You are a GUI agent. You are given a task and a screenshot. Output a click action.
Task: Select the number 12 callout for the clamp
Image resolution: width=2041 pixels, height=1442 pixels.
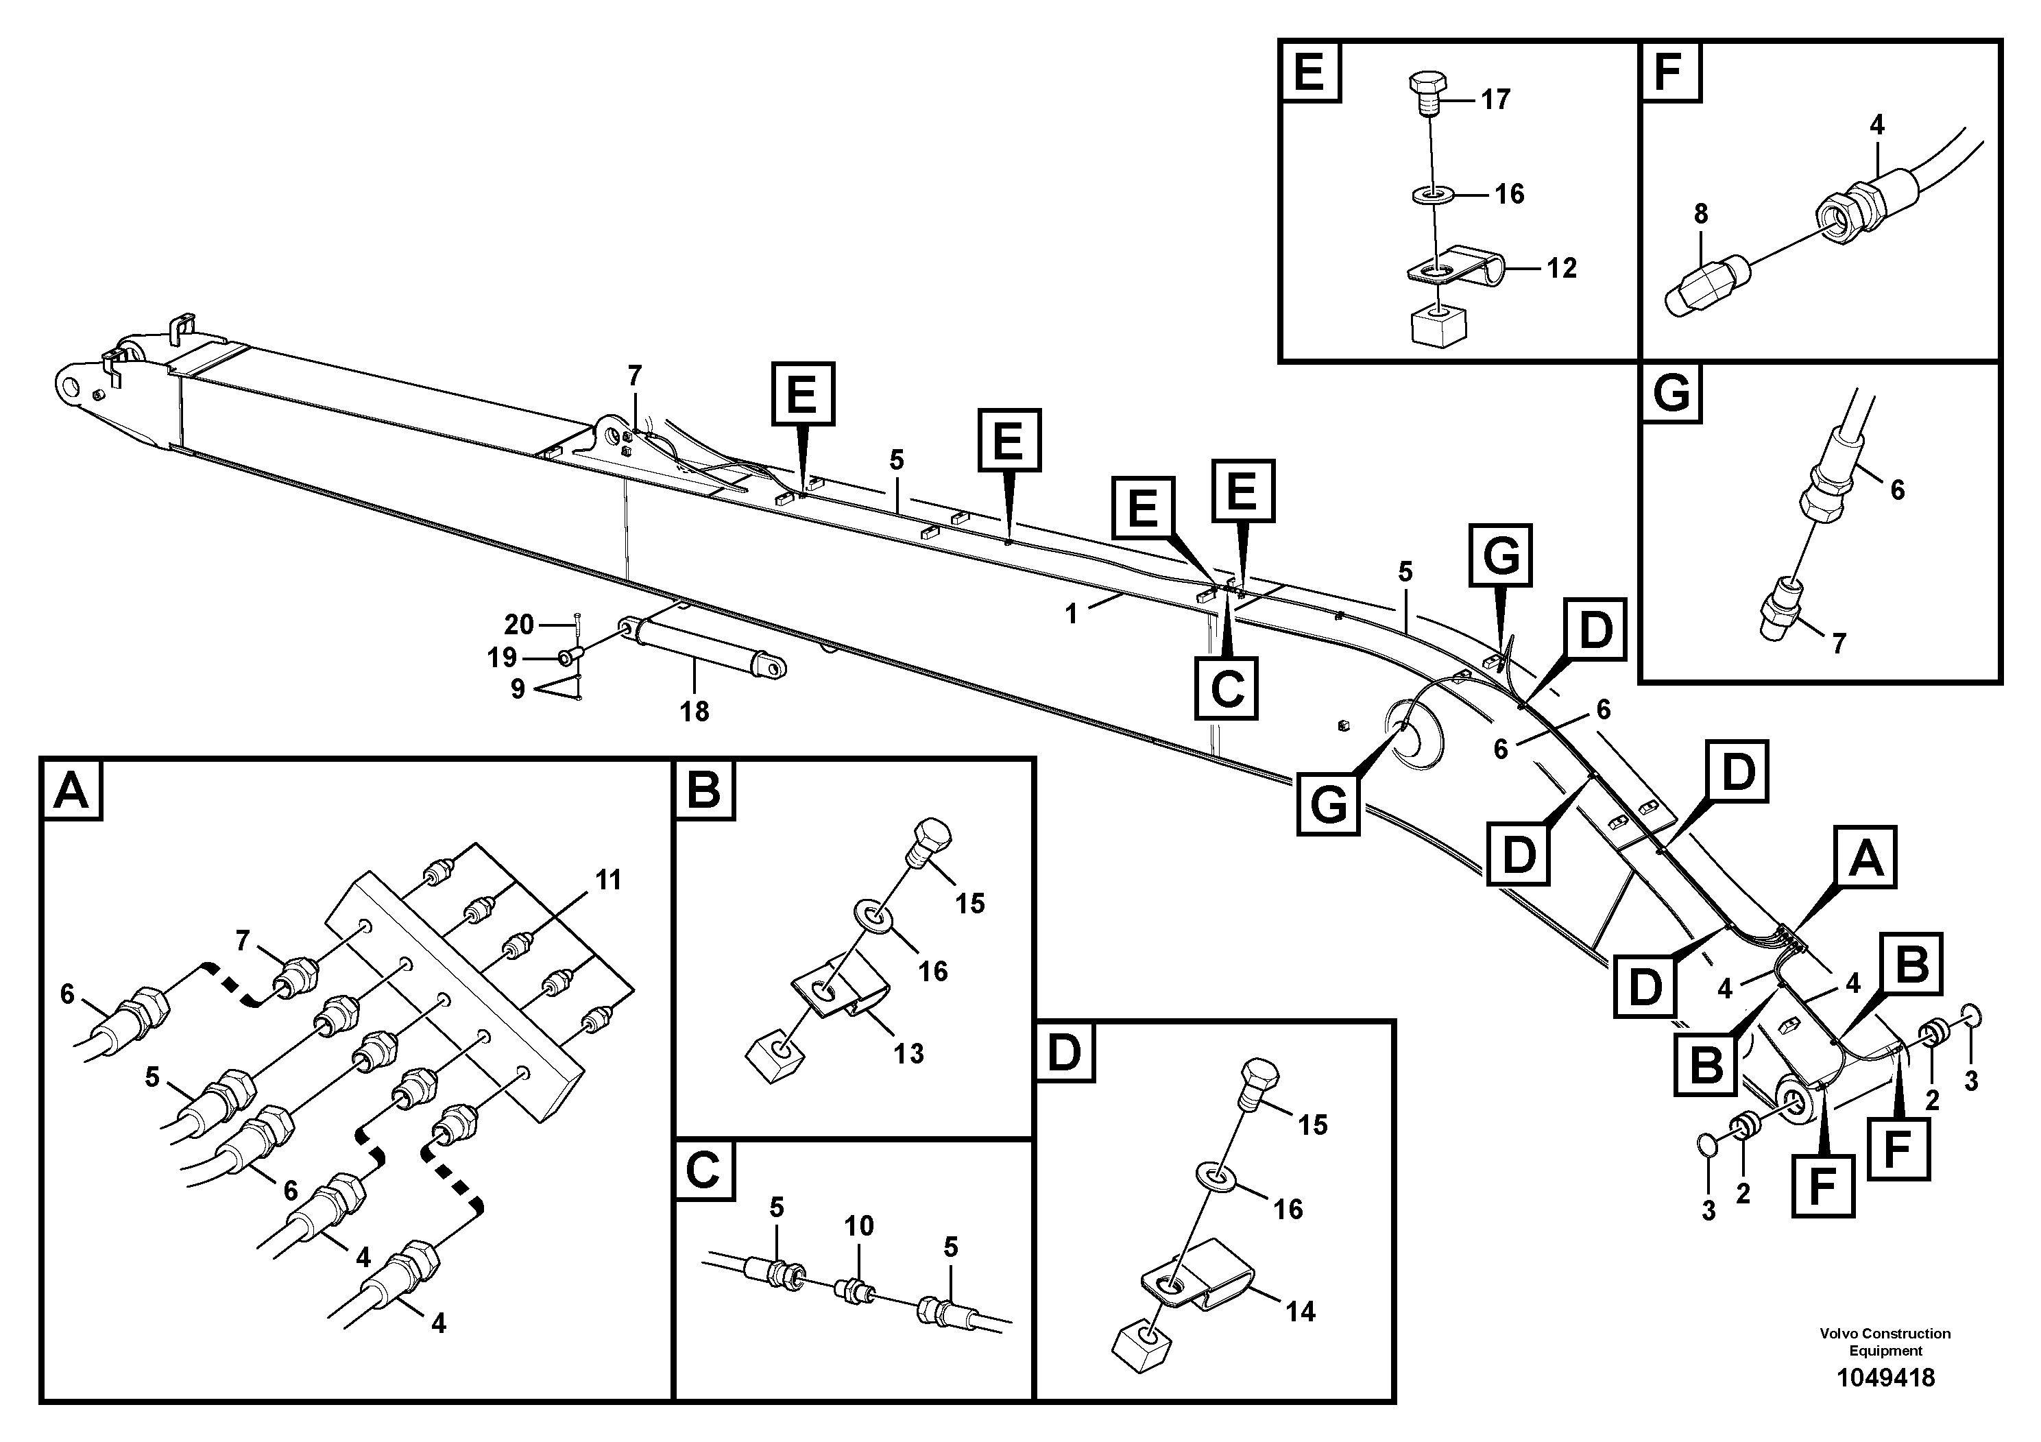[1561, 267]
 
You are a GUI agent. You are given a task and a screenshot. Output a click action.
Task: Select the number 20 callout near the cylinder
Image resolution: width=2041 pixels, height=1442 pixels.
[519, 625]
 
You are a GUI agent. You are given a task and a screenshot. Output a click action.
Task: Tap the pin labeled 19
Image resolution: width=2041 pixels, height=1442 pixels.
[569, 658]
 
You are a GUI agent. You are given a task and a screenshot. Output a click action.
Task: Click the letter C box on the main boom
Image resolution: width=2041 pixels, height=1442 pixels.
[1226, 687]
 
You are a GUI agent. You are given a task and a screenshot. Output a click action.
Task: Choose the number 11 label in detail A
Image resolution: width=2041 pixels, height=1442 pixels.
[608, 880]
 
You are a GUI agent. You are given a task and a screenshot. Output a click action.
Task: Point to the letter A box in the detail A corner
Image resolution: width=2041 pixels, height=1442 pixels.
[71, 791]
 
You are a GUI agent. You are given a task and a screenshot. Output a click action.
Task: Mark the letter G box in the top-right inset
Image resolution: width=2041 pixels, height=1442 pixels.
[1671, 393]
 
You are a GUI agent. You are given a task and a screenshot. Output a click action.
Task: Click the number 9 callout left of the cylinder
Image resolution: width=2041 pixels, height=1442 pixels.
[518, 689]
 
